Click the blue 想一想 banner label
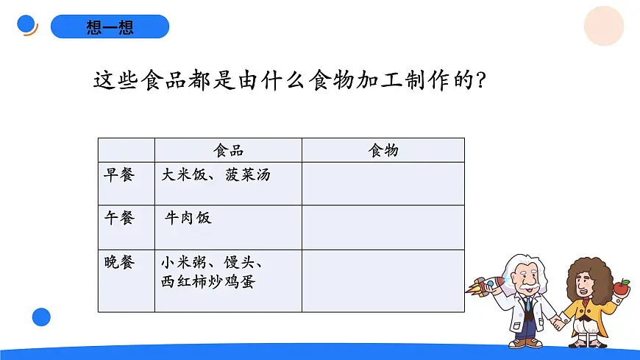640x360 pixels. (x=110, y=27)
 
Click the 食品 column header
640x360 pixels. (x=228, y=150)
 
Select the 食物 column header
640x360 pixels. (x=383, y=150)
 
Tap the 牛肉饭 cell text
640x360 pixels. (x=188, y=218)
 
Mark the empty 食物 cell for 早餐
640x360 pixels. (x=383, y=183)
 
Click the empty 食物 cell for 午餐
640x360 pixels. (x=383, y=227)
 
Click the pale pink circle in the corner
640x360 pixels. (x=604, y=26)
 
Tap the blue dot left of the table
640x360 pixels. (x=41, y=317)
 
